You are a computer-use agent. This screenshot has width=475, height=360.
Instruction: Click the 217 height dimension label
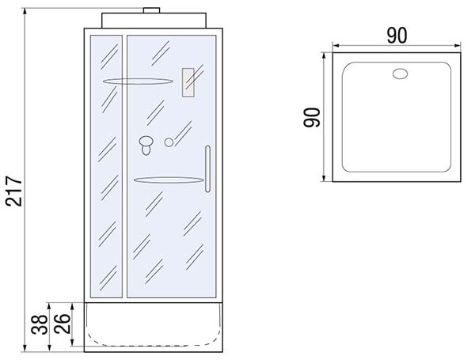[x=14, y=191]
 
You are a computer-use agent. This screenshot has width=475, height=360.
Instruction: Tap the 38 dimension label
[x=40, y=324]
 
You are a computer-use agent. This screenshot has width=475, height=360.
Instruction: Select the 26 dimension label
[x=63, y=324]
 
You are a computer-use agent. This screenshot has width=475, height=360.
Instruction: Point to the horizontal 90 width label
[x=397, y=36]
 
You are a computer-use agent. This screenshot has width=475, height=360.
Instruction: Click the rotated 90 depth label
[x=312, y=117]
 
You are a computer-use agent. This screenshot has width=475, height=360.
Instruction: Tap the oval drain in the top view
[x=400, y=74]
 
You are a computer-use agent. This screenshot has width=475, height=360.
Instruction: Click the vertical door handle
[x=207, y=169]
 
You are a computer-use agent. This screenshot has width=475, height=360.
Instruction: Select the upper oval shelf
[x=138, y=81]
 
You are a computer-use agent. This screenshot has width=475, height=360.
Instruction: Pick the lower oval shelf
[x=169, y=180]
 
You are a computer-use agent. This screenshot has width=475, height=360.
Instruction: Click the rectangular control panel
[x=188, y=82]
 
